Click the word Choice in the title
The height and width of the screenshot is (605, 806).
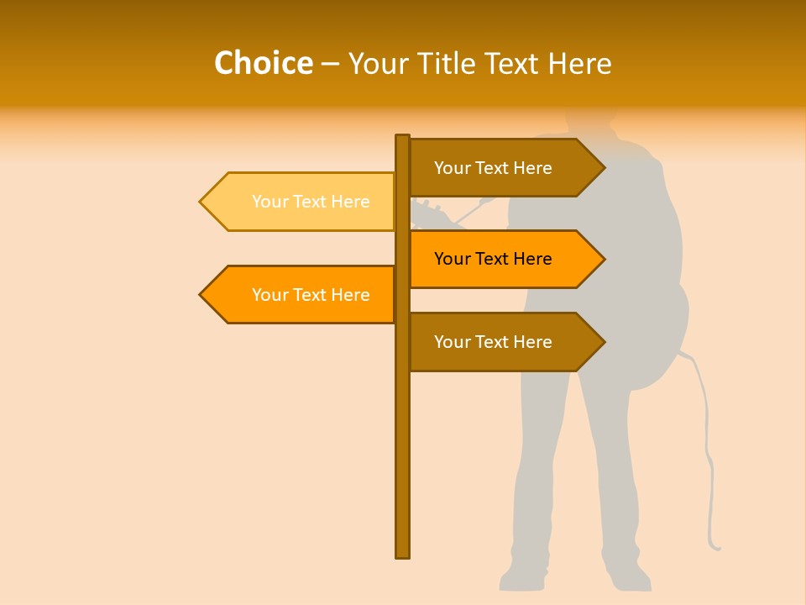[x=263, y=63]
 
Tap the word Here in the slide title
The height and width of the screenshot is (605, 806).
[x=579, y=64]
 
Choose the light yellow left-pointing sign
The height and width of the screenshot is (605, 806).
[x=302, y=202]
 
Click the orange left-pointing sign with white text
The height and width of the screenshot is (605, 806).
[x=302, y=295]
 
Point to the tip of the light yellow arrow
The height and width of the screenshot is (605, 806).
[x=201, y=202]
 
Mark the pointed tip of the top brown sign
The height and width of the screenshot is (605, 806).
[x=604, y=168]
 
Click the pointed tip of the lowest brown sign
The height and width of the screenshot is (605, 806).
[x=604, y=342]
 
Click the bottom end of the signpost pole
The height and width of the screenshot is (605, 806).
[x=402, y=555]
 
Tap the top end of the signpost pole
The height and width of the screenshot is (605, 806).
[x=402, y=137]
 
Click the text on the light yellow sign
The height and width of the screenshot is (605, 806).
[x=311, y=202]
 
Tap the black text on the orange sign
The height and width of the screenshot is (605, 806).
[x=493, y=259]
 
